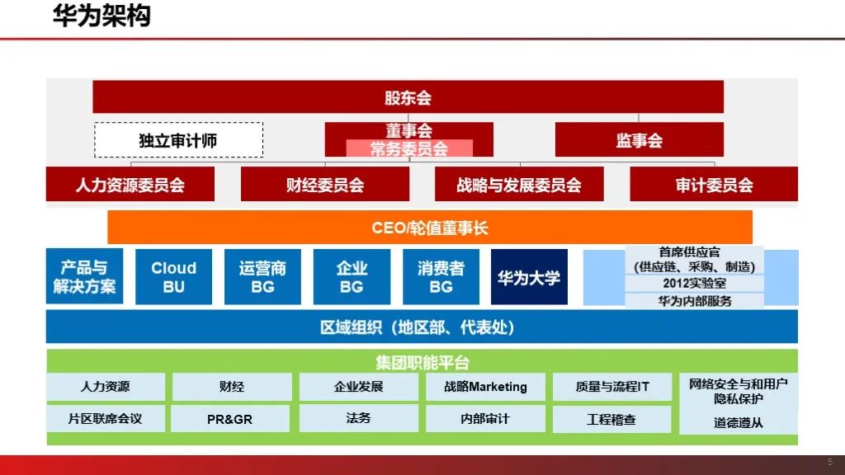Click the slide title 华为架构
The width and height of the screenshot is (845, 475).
click(101, 16)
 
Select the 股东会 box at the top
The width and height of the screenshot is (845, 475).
click(408, 97)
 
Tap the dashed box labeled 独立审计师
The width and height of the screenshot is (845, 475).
click(178, 140)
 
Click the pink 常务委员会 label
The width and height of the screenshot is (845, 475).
click(408, 149)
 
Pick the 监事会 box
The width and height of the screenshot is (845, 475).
click(639, 140)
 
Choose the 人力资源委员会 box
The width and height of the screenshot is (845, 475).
click(130, 185)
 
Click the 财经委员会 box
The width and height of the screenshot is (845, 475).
click(324, 185)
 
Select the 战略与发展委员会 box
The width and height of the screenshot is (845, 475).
click(519, 185)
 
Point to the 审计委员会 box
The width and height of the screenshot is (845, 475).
click(714, 185)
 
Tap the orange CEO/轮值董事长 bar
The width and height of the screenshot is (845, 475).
click(430, 228)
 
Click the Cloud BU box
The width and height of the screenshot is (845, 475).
click(173, 277)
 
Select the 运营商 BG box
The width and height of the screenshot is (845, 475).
click(262, 277)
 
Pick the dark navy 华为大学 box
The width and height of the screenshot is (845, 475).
click(529, 277)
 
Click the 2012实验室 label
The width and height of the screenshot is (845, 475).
click(694, 284)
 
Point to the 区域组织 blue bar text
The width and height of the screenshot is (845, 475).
click(421, 327)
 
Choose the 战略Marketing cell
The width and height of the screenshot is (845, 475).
click(485, 387)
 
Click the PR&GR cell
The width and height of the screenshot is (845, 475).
click(230, 419)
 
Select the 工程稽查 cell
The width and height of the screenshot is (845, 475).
click(611, 419)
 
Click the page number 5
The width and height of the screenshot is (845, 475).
click(830, 462)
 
